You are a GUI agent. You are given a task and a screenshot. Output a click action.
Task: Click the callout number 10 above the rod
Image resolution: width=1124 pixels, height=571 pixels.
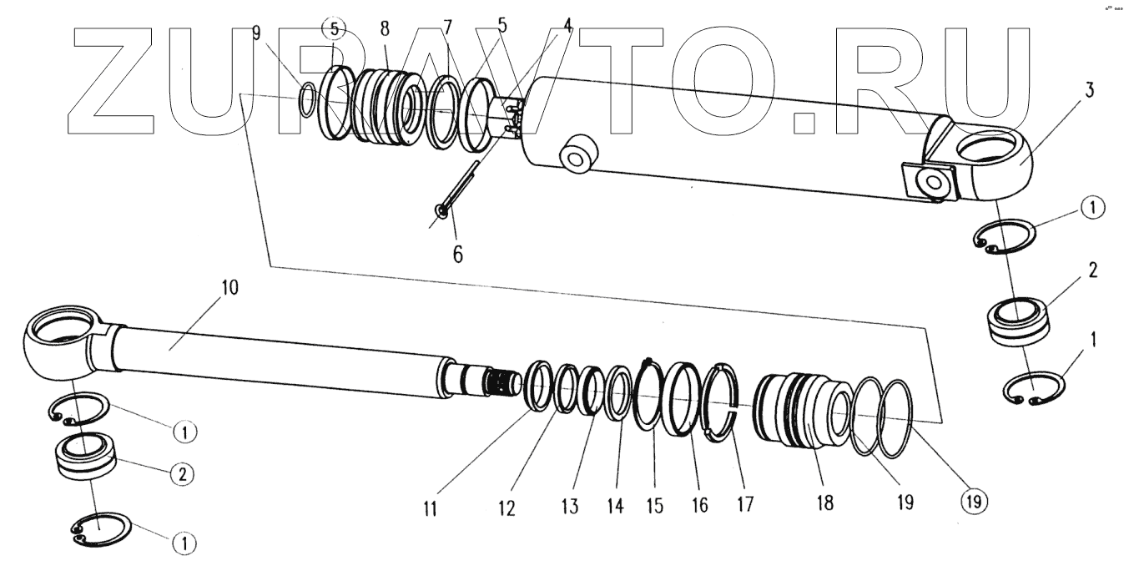point(229,289)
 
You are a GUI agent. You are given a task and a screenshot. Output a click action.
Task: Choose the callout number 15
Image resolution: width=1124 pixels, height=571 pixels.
point(655,505)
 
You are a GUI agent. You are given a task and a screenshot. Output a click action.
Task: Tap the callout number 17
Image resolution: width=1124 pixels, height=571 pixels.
point(744,504)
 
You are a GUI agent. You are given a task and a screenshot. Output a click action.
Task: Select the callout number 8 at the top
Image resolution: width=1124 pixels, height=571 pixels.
point(385,28)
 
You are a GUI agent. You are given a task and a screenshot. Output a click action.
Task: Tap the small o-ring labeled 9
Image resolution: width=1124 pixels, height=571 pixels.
point(308,99)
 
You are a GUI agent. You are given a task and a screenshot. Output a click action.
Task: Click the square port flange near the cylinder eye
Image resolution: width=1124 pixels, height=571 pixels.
point(929,182)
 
